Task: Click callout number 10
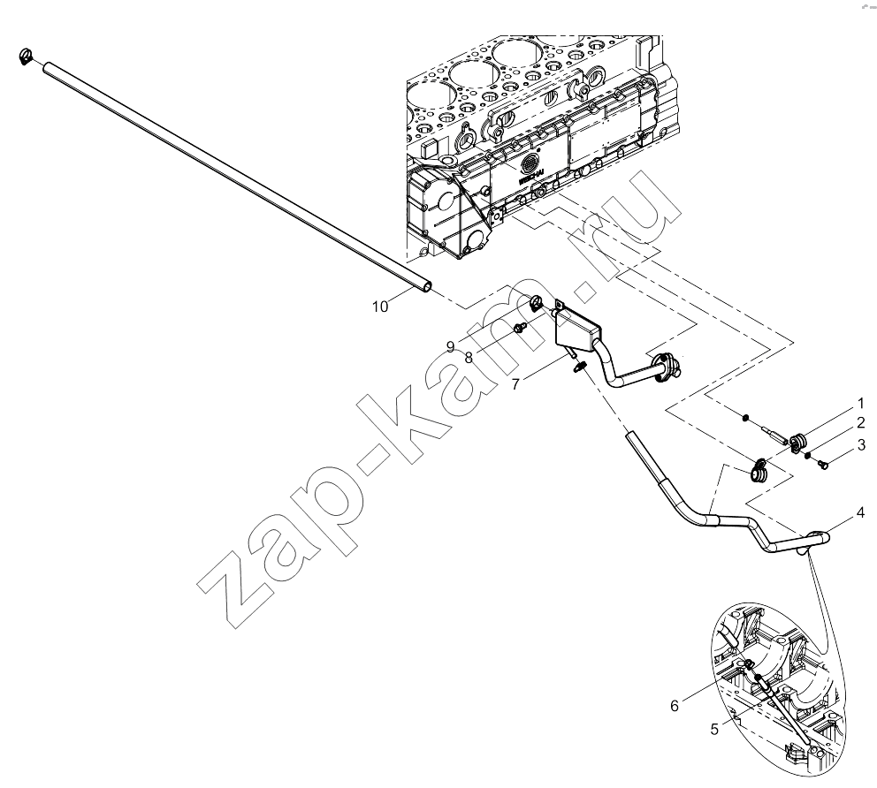tap(380, 307)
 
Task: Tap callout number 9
tap(450, 347)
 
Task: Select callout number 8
tap(469, 357)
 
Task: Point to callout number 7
tap(515, 384)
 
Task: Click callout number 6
tap(675, 706)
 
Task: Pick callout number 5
tap(714, 730)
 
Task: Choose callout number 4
tap(860, 511)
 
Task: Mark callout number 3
tap(861, 445)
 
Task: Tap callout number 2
tap(860, 422)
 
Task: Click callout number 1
tap(861, 403)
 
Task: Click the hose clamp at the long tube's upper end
tap(25, 56)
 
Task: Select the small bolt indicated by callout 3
tap(823, 463)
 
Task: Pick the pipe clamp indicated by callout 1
tap(798, 442)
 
